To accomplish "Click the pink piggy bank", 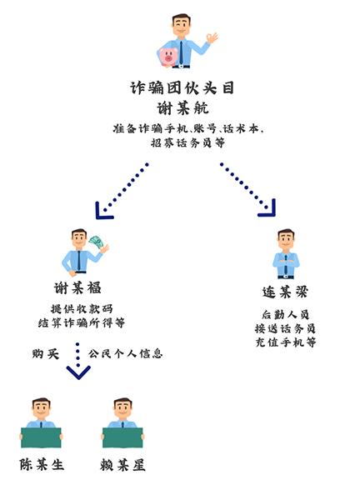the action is (167, 57).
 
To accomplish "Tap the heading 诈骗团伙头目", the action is (182, 87).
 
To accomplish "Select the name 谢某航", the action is (182, 107).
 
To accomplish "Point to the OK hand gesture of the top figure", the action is (212, 37).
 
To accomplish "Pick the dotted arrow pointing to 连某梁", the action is (248, 190).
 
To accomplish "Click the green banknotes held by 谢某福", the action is (97, 241).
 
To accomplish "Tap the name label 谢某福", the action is (77, 288).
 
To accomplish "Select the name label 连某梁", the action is (285, 292).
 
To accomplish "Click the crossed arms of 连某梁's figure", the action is (286, 263).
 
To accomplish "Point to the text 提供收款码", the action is (82, 308).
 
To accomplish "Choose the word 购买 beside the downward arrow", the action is (46, 353).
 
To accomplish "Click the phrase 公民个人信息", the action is (125, 353).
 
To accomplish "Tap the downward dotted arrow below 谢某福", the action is (78, 362).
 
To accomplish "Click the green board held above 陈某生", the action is (41, 437).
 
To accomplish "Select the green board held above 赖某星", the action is (122, 437).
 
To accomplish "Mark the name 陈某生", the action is (42, 464).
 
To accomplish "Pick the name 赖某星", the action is (122, 465).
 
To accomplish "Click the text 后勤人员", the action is (285, 315).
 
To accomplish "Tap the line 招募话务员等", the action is (187, 142).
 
